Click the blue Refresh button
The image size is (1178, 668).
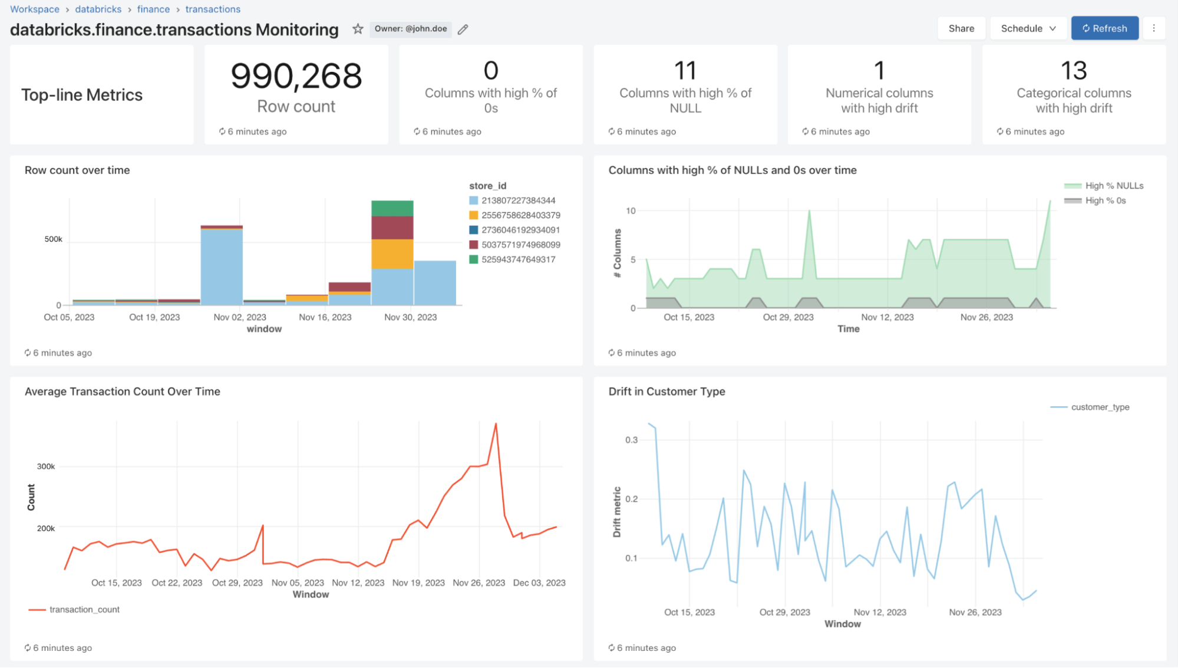coord(1104,28)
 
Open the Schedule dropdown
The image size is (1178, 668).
coord(1028,28)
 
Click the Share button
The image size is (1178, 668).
coord(961,28)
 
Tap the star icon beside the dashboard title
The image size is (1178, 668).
coord(358,29)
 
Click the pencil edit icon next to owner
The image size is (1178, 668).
coord(463,29)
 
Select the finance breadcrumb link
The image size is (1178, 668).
coord(153,9)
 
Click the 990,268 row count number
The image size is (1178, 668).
coord(296,76)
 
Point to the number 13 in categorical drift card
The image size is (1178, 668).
coord(1073,71)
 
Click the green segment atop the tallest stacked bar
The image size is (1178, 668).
coord(392,208)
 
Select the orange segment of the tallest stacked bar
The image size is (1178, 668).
coord(392,254)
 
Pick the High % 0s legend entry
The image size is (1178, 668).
coord(1105,200)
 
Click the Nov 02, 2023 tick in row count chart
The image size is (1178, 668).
coord(239,317)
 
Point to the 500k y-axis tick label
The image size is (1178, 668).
coord(53,239)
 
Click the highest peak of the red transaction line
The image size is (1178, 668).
coord(496,424)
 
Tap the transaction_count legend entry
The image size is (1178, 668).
coord(84,610)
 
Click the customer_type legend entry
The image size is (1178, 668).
coord(1100,407)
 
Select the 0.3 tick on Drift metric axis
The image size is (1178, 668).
coord(631,440)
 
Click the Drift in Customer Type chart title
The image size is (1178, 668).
coord(666,391)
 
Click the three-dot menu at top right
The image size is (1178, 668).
coord(1154,28)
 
